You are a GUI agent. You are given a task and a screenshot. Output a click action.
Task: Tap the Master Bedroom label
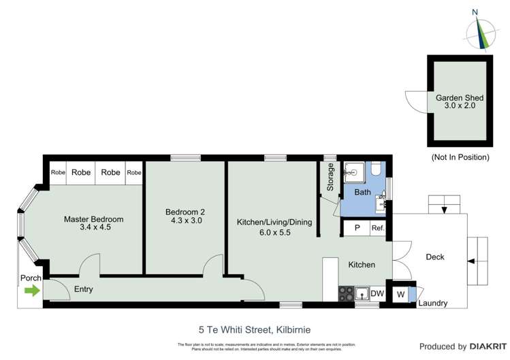pos(94,219)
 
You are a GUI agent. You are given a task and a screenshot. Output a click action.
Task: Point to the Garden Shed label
pos(460,98)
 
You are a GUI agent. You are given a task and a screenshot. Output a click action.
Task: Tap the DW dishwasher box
pos(377,293)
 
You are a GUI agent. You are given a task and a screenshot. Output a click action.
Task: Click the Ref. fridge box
pos(378,229)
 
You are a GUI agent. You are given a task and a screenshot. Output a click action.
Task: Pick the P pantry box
pos(356,229)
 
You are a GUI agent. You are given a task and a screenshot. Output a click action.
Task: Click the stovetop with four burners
pos(346,293)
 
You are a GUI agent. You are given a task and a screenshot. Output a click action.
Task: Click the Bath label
pos(363,193)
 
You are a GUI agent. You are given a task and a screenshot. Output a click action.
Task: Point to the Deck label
pos(435,257)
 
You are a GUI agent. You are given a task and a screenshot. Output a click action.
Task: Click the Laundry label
pos(432,304)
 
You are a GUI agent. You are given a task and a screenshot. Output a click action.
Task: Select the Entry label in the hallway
pos(83,289)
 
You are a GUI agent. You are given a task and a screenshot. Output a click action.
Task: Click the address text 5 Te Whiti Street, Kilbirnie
pos(255,329)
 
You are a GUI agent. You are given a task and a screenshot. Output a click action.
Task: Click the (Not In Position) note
pos(460,157)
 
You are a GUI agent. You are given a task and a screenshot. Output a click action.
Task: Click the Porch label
pos(31,278)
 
